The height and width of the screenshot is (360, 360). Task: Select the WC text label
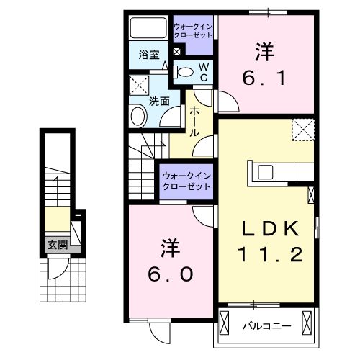(x=203, y=71)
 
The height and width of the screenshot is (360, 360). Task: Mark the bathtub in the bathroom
(x=148, y=30)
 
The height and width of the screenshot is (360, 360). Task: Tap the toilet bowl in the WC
(x=185, y=71)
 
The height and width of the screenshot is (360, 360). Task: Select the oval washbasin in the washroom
(x=138, y=117)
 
